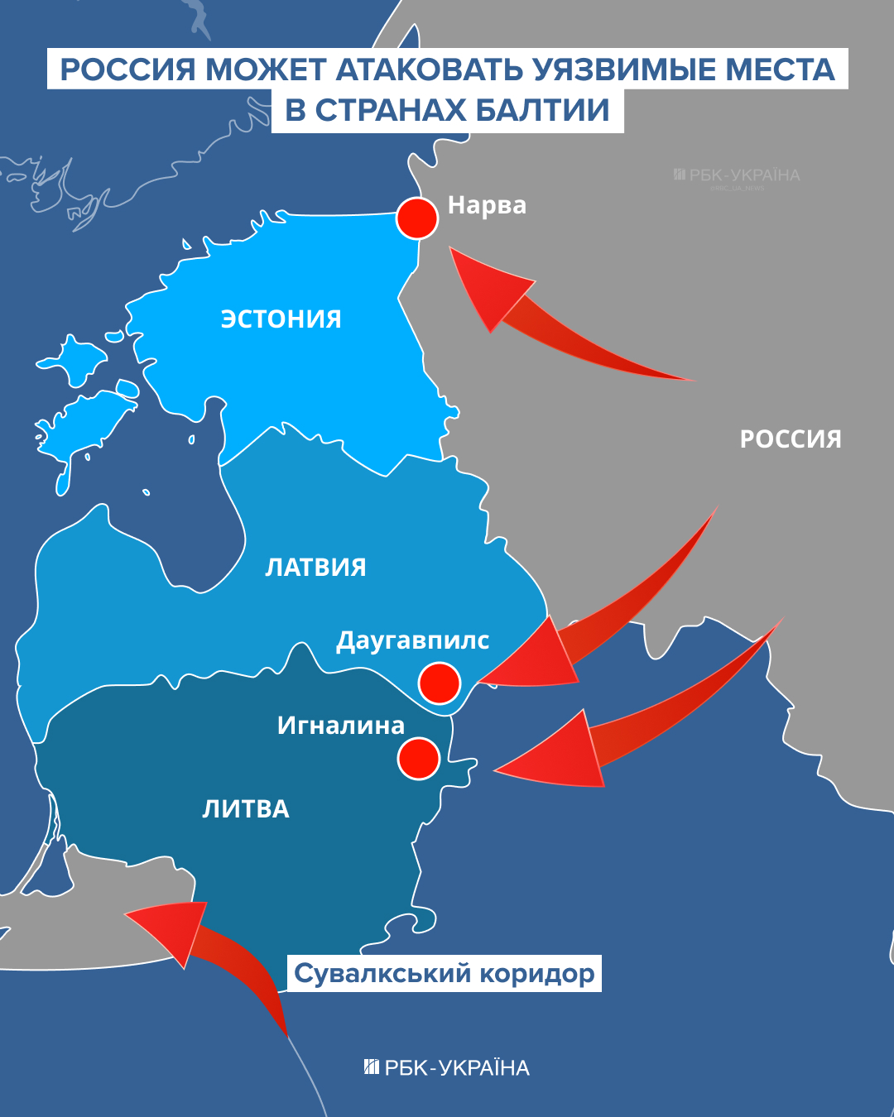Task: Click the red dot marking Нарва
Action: click(x=417, y=218)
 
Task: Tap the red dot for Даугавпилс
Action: click(x=439, y=683)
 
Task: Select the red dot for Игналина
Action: click(x=418, y=758)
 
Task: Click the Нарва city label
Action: click(x=487, y=205)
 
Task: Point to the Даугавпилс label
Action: click(x=412, y=640)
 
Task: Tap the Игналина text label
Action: click(x=341, y=726)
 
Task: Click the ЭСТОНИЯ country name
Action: click(x=281, y=319)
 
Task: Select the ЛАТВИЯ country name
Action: click(x=315, y=567)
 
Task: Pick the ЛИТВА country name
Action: click(x=246, y=808)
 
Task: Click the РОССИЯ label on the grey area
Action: click(x=791, y=439)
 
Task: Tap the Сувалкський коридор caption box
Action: click(x=445, y=973)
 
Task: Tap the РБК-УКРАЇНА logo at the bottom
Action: click(x=447, y=1067)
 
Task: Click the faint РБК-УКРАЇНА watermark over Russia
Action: click(x=737, y=175)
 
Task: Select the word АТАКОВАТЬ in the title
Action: click(x=430, y=70)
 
